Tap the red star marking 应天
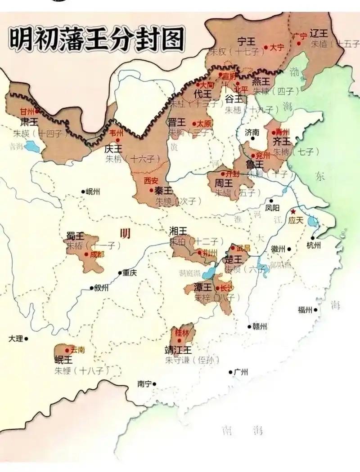pos(293,211)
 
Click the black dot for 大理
pos(26,338)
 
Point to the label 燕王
pos(261,81)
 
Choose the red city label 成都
pos(97,254)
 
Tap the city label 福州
pos(305,309)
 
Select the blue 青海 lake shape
pos(31,146)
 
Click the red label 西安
pos(151,181)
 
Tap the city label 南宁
pos(144,384)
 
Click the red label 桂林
pos(183,333)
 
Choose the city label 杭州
pos(313,245)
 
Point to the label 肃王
pos(29,121)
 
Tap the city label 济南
pos(252,133)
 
